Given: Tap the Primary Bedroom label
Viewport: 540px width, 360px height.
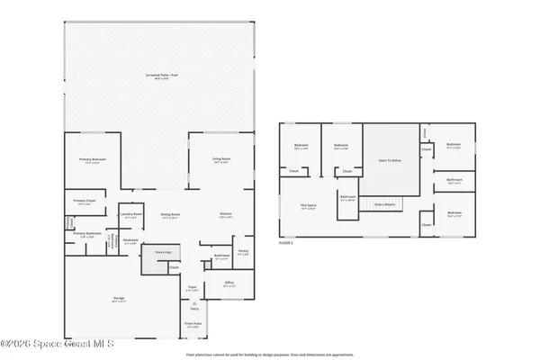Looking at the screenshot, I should [93, 160].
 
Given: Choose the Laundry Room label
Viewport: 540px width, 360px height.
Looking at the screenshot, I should [132, 213].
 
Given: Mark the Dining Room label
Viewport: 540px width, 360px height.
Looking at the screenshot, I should [171, 214].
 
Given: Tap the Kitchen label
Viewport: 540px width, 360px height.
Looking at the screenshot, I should [227, 213].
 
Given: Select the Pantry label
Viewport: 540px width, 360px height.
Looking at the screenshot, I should [243, 251].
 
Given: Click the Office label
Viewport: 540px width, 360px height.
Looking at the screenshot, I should [229, 283].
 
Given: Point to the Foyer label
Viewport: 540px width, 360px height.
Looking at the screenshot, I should [192, 289].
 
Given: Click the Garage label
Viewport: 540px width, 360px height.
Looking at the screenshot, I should [119, 300].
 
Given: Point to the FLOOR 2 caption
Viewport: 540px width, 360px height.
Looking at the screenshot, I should [287, 243].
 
